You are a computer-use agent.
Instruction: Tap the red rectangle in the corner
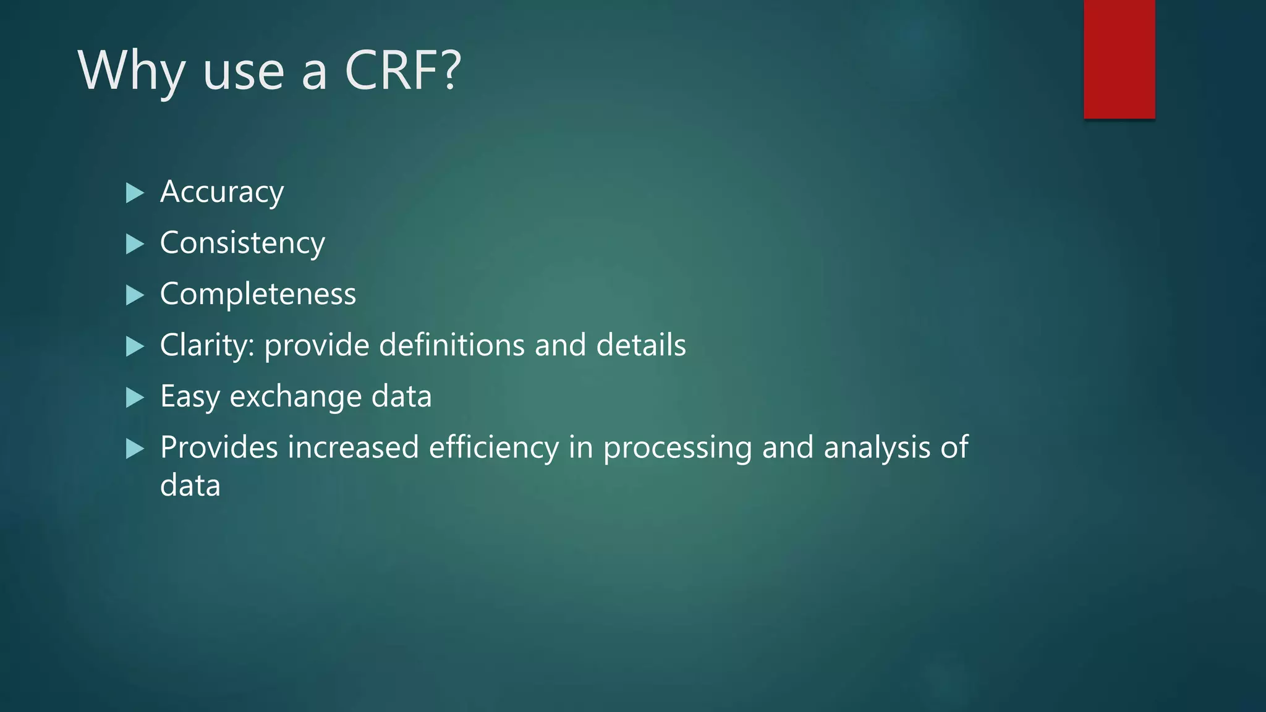tap(1119, 59)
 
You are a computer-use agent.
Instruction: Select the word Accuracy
tap(222, 192)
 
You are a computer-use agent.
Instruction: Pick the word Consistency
tap(242, 244)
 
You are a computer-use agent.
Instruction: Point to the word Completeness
tap(258, 294)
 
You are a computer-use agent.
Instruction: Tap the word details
tap(641, 345)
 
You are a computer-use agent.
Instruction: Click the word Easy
tap(190, 397)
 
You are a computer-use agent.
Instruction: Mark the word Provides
tap(219, 447)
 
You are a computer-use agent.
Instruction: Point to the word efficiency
tap(494, 447)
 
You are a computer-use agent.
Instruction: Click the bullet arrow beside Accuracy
tap(135, 193)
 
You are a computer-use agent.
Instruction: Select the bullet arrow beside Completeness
tap(135, 295)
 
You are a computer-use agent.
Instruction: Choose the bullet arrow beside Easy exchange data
tap(135, 397)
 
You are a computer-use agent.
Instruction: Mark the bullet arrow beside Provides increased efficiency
tap(135, 448)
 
